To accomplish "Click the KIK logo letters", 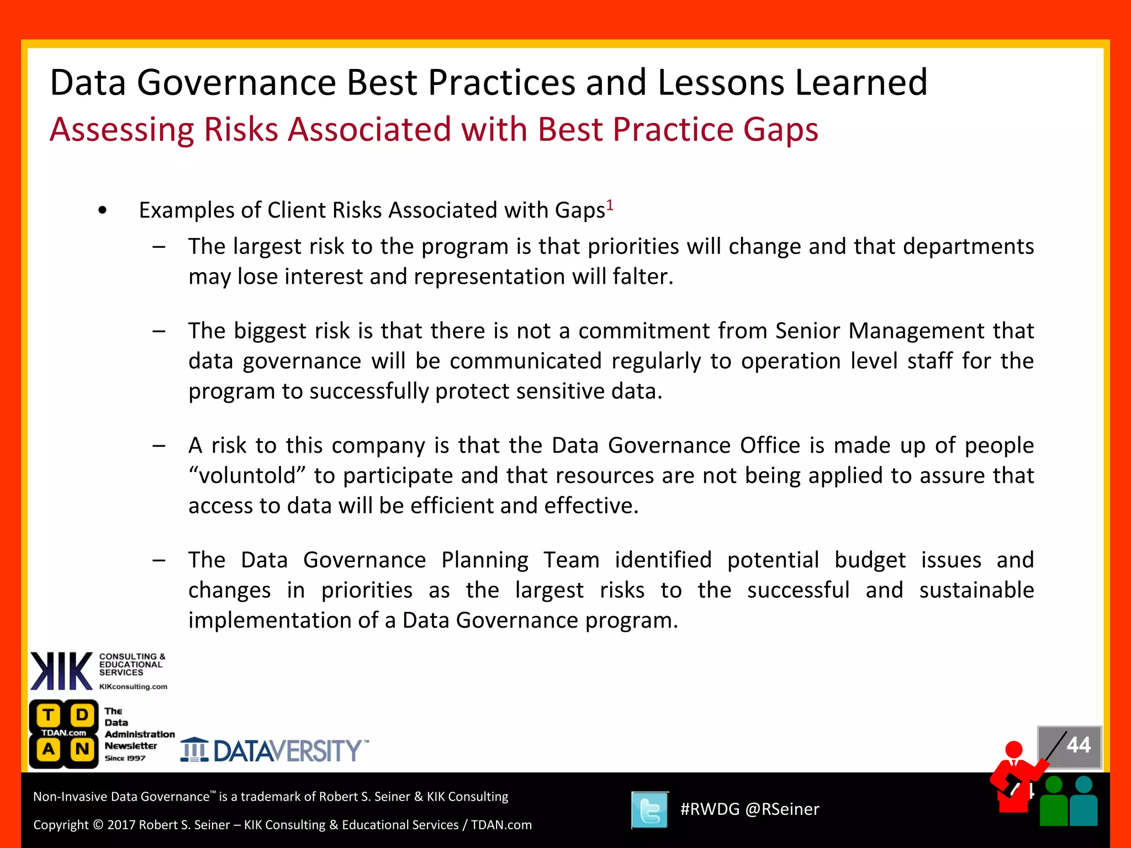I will coord(61,671).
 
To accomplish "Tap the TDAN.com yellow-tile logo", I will coord(64,733).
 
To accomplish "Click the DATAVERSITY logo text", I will coord(287,751).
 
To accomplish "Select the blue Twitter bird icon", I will coord(649,810).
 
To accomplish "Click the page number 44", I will coord(1078,745).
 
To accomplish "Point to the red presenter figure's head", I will coord(1014,749).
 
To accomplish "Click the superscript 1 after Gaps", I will coord(610,205).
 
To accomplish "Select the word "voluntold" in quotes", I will coord(247,475).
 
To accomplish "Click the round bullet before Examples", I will coord(102,210).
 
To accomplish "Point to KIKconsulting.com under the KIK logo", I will coord(133,687).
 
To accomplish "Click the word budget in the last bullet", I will coord(870,560).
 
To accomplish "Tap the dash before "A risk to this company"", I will coord(159,446).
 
